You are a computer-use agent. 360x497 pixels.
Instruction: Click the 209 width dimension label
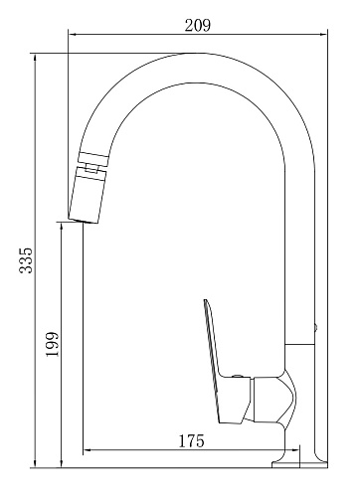click(x=198, y=25)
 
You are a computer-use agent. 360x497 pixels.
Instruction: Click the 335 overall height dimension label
click(x=26, y=260)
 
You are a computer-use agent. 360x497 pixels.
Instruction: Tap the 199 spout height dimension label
click(x=52, y=344)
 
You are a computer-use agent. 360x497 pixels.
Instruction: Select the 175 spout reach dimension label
click(x=192, y=440)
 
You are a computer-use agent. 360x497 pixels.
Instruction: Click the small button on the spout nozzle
click(x=91, y=168)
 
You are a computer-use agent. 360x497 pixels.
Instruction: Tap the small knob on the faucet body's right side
click(x=316, y=328)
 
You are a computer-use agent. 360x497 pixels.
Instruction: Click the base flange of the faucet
click(x=299, y=464)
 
